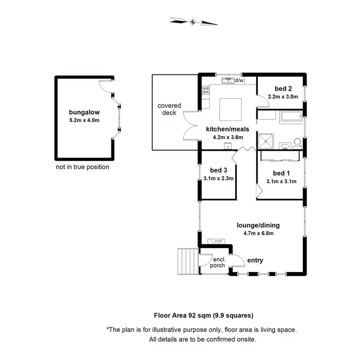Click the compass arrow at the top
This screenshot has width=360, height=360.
click(x=193, y=21)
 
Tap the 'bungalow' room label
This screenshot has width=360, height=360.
click(x=84, y=112)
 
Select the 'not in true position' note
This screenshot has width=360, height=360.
click(x=83, y=167)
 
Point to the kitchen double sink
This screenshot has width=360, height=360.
click(x=229, y=81)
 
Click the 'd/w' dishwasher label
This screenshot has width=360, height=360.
click(x=240, y=80)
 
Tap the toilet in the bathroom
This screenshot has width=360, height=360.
click(x=298, y=142)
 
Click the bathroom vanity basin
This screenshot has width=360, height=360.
click(x=285, y=145)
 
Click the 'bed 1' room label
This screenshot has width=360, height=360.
click(x=281, y=173)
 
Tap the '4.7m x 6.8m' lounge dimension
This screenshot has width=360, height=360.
click(x=258, y=234)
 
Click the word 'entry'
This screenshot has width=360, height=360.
click(x=255, y=261)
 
